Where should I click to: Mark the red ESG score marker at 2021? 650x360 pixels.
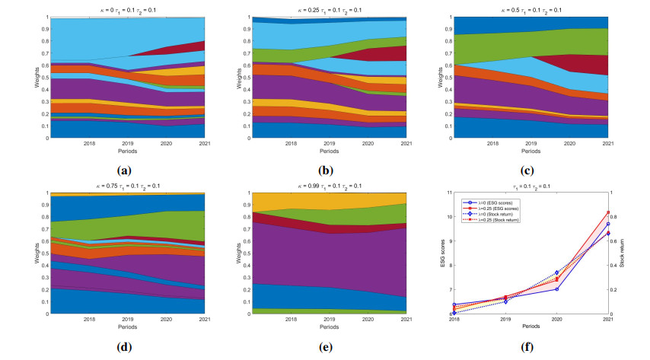pos(608,212)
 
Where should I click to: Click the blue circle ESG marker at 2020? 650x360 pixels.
pos(556,289)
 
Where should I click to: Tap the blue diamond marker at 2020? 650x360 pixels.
pos(556,272)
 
